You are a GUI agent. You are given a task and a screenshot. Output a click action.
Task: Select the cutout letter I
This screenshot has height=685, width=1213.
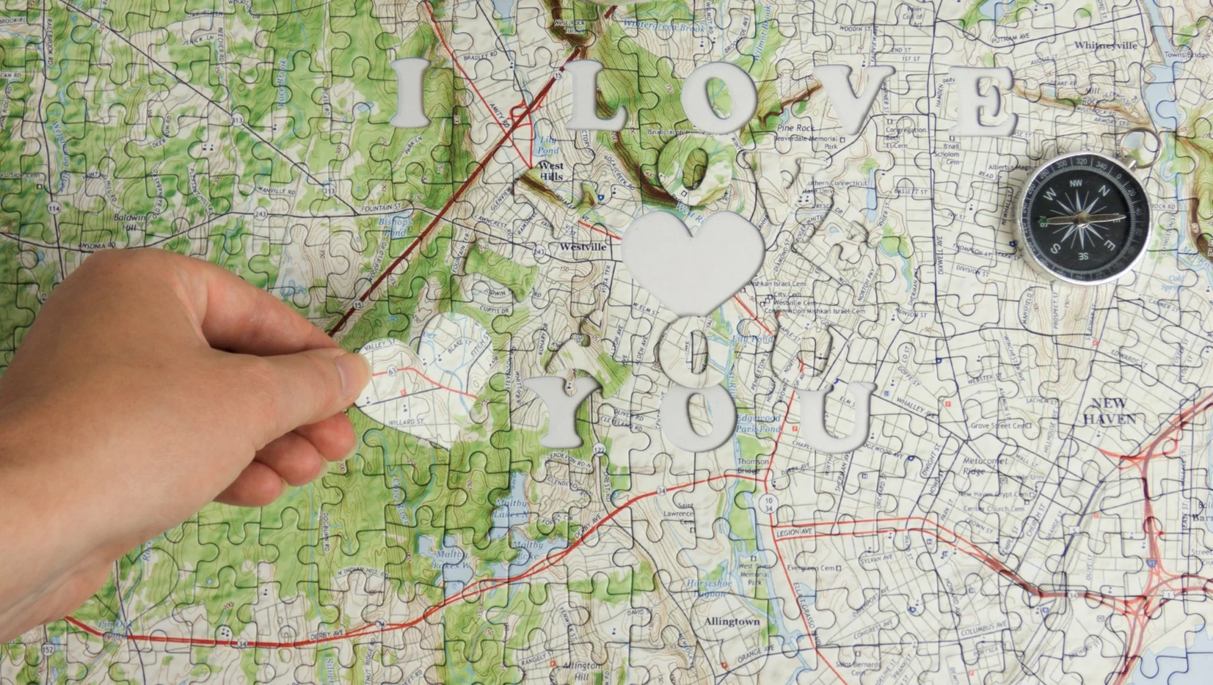(x=412, y=93)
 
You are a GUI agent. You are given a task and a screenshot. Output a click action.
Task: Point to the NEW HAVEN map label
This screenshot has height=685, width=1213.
(x=1109, y=412)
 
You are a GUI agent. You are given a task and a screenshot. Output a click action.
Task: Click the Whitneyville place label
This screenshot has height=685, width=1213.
(x=1105, y=45)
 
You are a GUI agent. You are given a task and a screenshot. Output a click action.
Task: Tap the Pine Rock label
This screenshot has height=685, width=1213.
(x=794, y=129)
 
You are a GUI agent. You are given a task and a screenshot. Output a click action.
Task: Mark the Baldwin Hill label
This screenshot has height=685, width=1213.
(x=129, y=222)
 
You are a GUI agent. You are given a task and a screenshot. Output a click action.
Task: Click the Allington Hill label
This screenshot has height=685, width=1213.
(x=581, y=670)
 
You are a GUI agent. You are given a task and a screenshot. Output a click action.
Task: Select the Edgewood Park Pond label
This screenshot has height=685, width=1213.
(x=757, y=424)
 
